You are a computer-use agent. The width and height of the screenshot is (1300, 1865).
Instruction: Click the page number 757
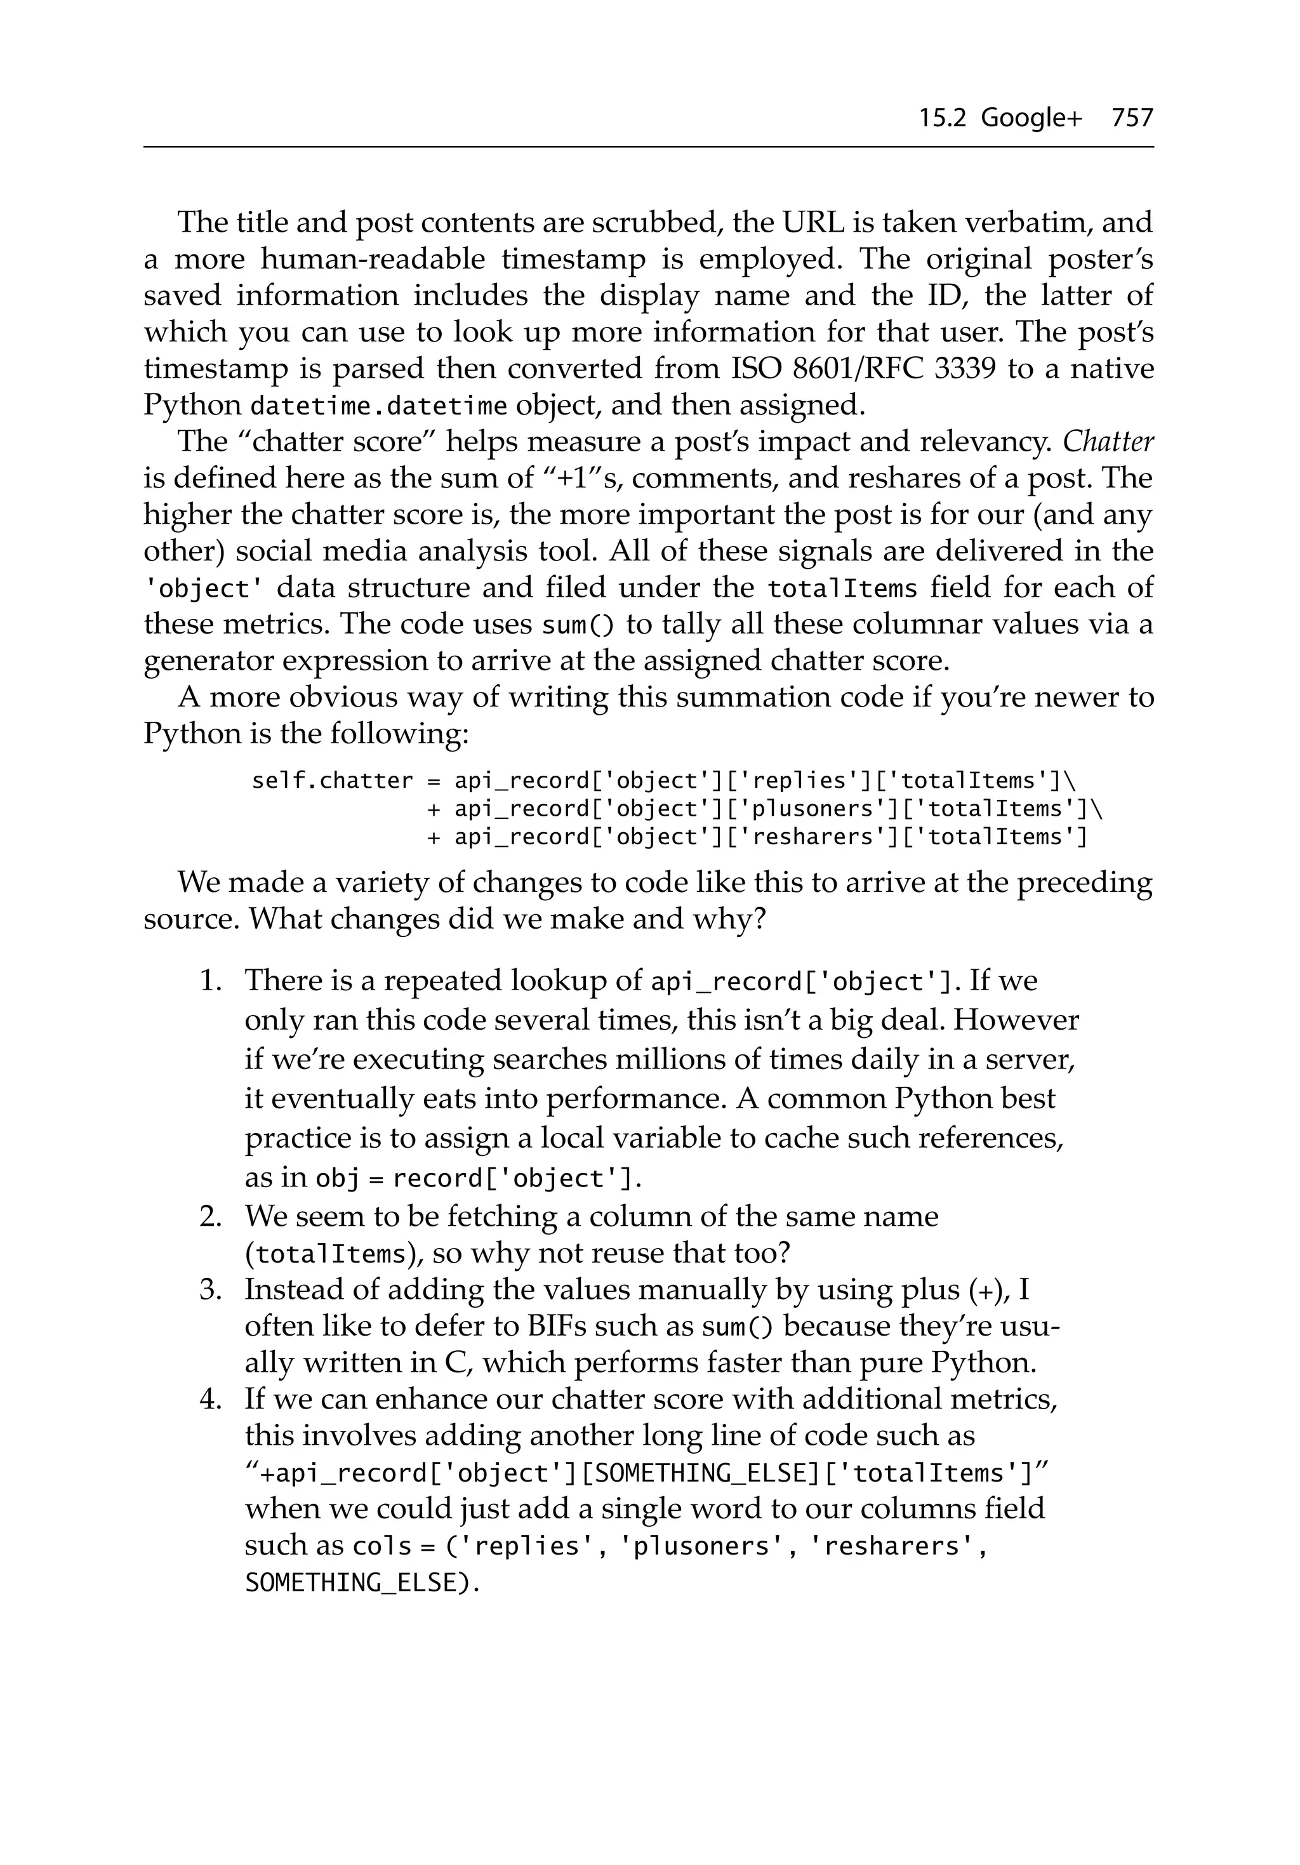tap(1132, 119)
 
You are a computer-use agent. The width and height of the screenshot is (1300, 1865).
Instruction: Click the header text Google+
tap(1031, 119)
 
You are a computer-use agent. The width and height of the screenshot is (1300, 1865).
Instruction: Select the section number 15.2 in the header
tap(942, 119)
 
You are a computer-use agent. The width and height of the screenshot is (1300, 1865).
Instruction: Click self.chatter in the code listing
tap(333, 781)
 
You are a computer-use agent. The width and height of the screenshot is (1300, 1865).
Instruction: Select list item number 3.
tap(211, 1289)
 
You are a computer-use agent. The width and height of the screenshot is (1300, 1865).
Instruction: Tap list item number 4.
tap(211, 1399)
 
